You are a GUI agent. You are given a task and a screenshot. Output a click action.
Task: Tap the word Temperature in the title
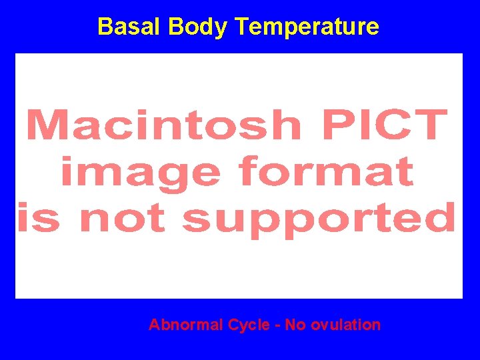(x=307, y=27)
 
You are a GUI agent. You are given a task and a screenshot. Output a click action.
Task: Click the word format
(x=327, y=172)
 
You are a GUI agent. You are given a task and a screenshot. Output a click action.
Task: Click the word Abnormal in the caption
(x=185, y=325)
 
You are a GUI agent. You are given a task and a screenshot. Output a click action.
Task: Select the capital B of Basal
(x=104, y=27)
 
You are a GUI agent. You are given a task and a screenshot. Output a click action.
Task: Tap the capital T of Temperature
(x=241, y=27)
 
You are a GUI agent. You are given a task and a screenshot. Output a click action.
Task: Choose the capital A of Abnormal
(x=154, y=325)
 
